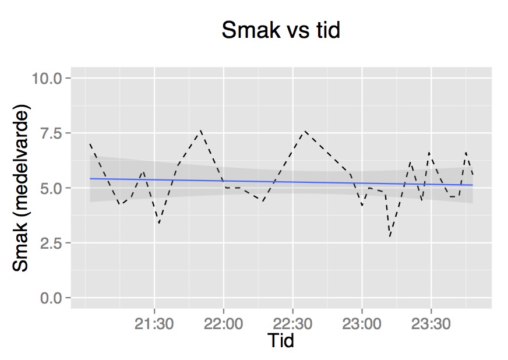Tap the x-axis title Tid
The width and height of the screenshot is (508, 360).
pos(280,341)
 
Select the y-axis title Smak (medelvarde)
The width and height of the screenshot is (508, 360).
pos(21,188)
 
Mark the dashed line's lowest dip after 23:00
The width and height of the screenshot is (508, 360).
pos(390,237)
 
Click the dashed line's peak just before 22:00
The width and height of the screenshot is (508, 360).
pos(201,130)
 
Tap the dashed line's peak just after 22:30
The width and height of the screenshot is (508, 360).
pos(304,131)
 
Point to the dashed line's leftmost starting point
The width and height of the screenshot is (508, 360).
pos(90,143)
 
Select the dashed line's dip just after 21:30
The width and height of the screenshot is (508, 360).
pos(158,223)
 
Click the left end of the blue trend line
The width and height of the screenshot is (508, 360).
pos(90,178)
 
